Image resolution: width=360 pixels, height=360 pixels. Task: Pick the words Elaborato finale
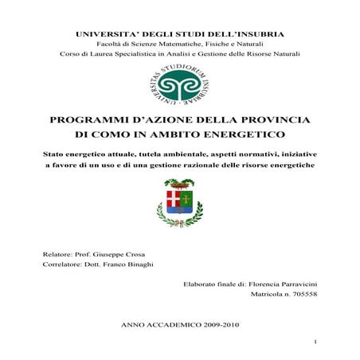tap(210, 284)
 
